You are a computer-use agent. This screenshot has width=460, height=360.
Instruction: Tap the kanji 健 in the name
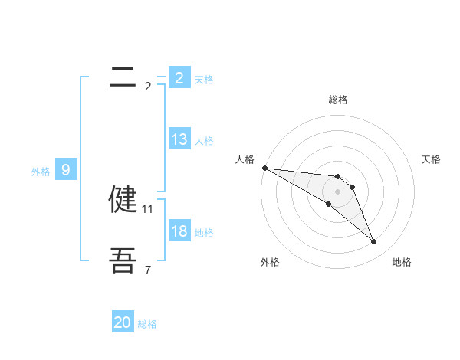123,199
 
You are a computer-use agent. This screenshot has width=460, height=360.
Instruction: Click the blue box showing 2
179,77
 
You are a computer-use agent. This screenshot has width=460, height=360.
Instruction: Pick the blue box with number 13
179,139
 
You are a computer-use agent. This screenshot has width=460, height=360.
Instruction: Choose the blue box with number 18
179,231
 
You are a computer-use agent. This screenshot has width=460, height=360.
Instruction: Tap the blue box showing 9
66,170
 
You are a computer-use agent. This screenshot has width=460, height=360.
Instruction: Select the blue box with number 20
123,322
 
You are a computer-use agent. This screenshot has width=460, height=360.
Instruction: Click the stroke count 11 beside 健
148,208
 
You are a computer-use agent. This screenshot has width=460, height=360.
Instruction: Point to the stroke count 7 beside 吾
148,270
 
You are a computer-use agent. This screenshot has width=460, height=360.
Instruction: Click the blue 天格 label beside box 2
204,79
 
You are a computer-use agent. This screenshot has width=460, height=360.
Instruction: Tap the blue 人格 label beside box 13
204,141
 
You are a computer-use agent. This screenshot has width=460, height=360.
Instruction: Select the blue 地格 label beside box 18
204,233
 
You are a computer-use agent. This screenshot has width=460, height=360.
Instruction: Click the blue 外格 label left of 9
41,172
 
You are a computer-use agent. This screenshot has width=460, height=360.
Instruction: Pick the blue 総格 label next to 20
147,324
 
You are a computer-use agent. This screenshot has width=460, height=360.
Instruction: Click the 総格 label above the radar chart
338,100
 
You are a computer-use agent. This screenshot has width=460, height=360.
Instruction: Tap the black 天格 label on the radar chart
432,159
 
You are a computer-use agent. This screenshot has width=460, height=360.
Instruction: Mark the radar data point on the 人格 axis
264,168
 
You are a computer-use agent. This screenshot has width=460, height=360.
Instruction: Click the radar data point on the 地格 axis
374,242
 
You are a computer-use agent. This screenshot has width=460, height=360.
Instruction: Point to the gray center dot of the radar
338,191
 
